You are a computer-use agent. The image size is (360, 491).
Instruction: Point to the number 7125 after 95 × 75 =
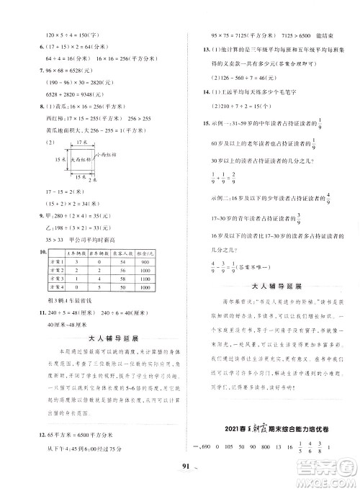click(x=238, y=34)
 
